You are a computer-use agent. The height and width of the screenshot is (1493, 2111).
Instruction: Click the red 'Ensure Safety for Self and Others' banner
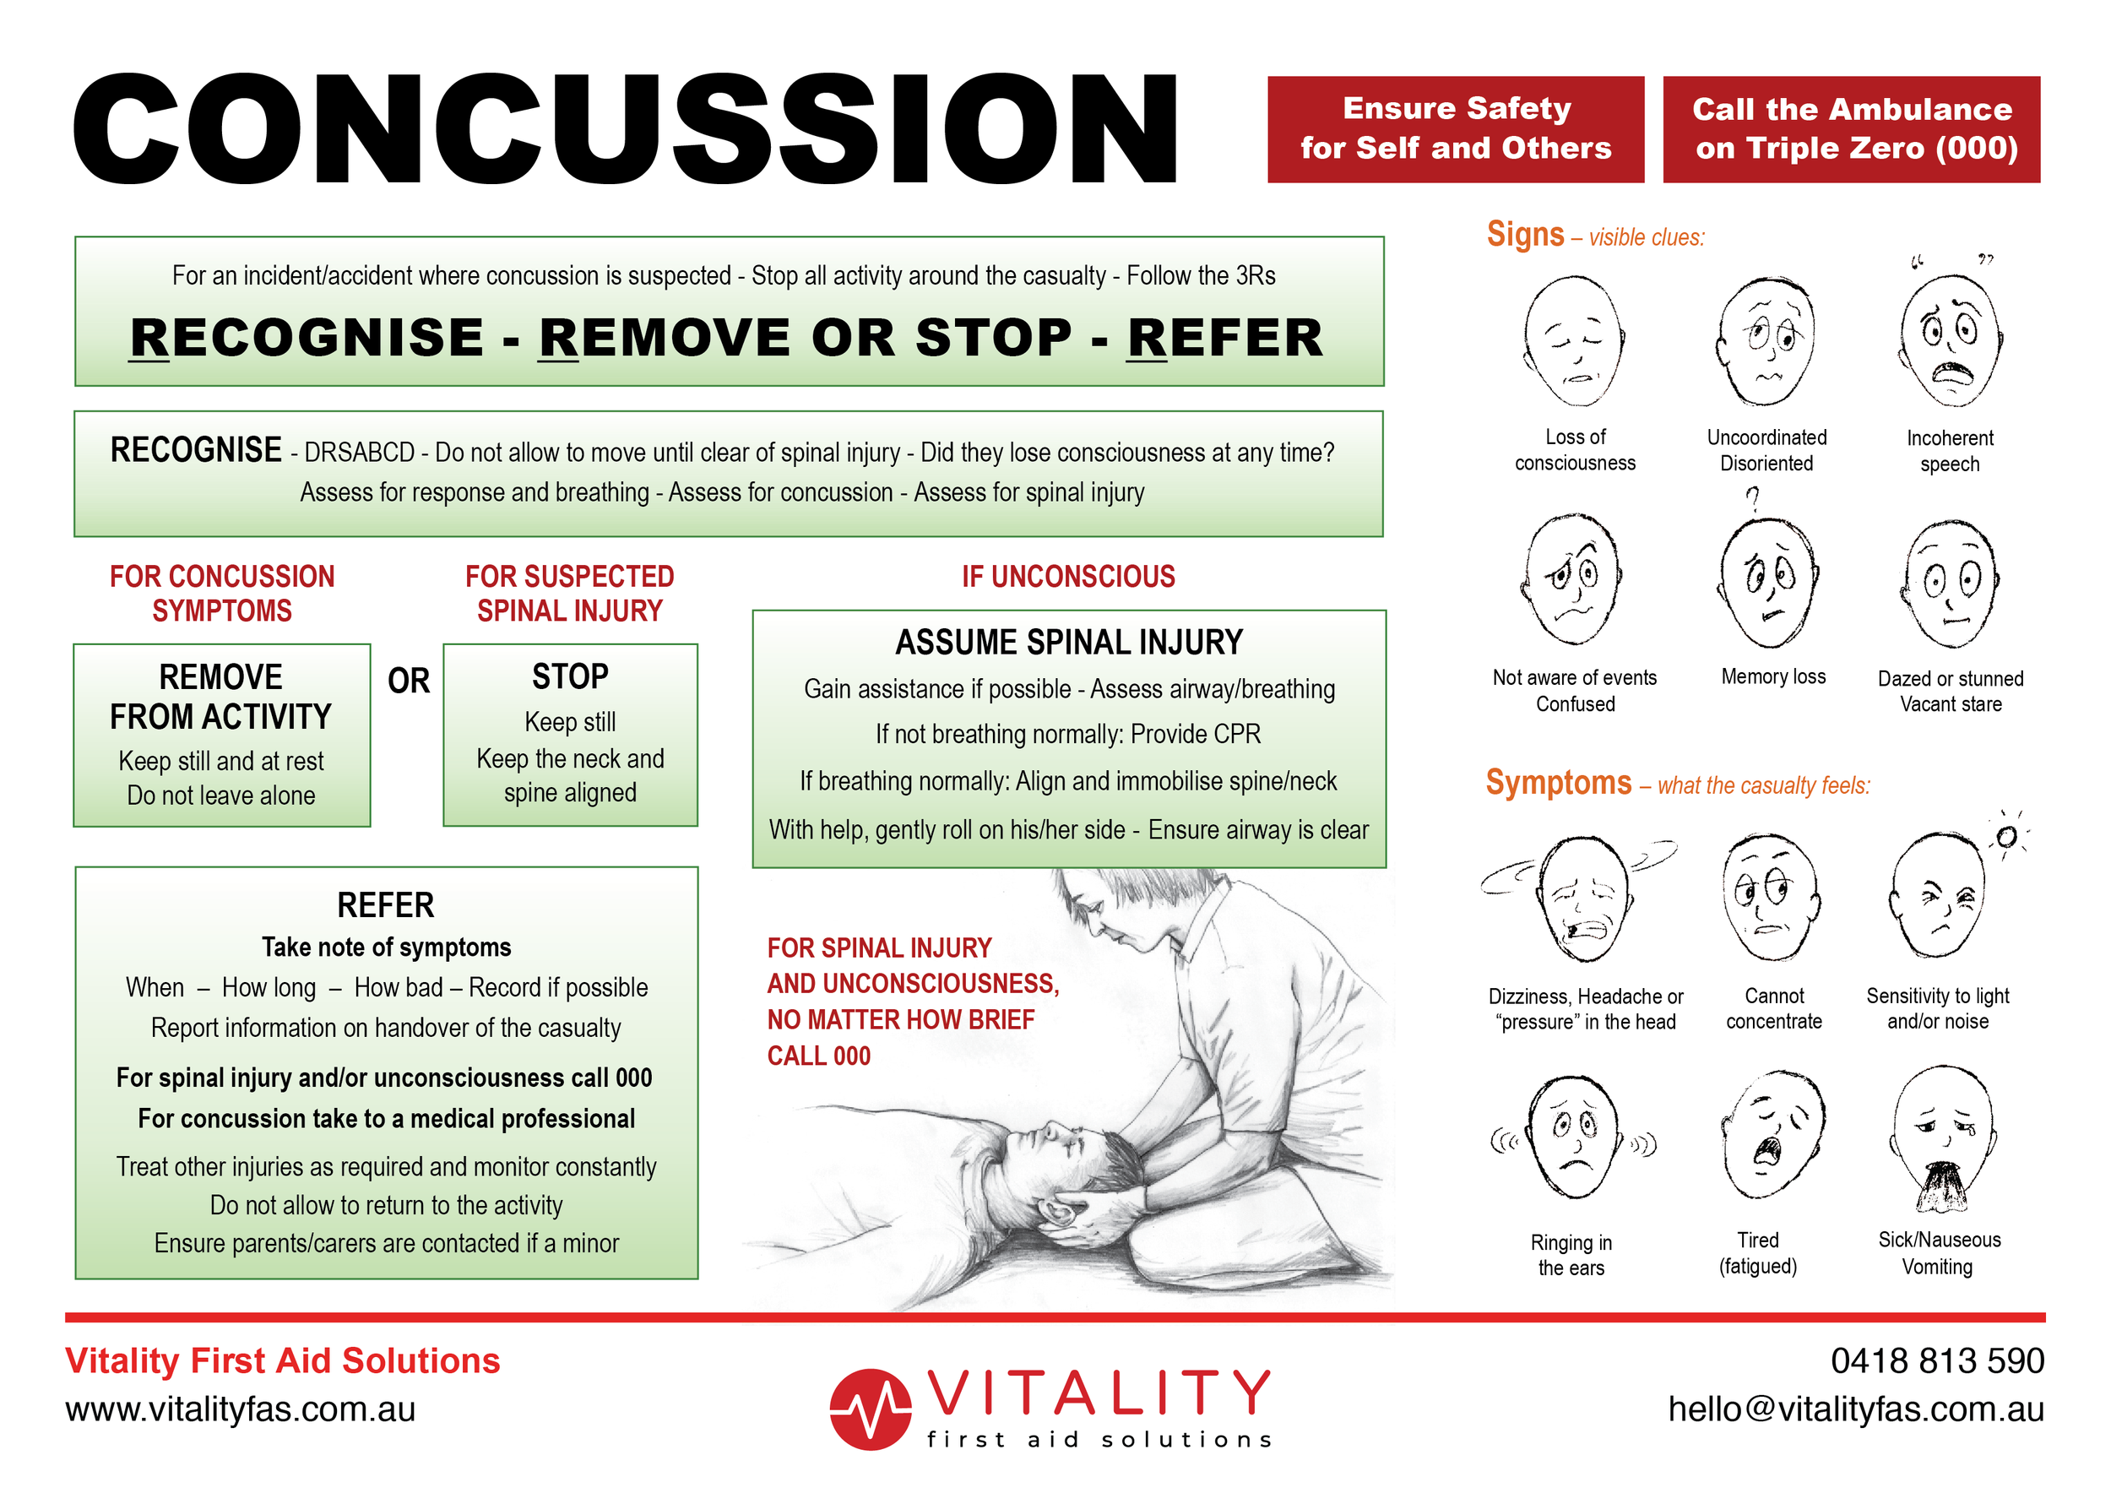(1455, 128)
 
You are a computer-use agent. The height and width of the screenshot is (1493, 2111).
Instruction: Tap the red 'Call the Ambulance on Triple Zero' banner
(1851, 128)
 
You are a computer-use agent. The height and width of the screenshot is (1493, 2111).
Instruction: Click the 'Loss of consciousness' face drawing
(1574, 340)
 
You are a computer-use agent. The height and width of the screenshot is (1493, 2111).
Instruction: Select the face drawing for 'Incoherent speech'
(1949, 340)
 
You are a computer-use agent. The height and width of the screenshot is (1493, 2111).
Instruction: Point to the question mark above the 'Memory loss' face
(1753, 499)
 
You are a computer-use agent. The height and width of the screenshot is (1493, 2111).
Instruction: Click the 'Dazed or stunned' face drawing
(1950, 584)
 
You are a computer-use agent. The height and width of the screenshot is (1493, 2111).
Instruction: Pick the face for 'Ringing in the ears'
(1573, 1137)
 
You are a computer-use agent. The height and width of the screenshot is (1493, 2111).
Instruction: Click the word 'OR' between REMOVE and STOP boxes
(408, 681)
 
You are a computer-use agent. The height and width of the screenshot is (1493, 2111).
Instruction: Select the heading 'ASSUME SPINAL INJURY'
(1068, 642)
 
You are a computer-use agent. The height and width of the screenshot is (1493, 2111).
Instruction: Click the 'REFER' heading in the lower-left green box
(385, 904)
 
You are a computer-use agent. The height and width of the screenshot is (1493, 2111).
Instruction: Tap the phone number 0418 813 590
(1937, 1360)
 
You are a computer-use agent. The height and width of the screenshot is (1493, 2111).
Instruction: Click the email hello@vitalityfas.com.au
(1855, 1409)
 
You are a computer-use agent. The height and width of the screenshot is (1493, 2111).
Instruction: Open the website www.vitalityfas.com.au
(240, 1409)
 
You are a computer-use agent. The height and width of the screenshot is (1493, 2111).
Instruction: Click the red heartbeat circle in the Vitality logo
(870, 1409)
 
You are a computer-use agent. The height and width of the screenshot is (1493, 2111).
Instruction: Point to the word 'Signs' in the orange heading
(1525, 235)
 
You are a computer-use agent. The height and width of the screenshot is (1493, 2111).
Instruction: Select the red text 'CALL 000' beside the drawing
(818, 1056)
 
